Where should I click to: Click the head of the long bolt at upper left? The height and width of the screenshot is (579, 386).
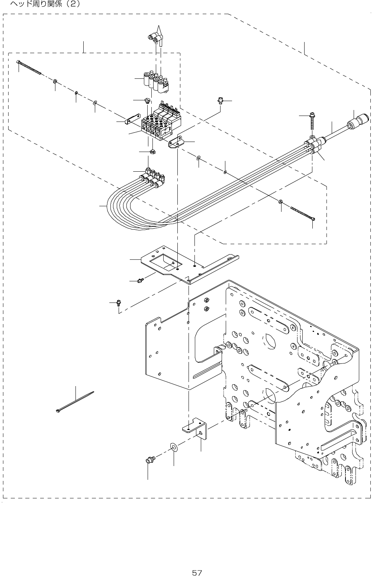coord(18,62)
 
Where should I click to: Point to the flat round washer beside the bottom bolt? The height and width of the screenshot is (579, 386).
coord(174,446)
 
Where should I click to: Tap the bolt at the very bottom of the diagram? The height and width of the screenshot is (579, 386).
coord(149,460)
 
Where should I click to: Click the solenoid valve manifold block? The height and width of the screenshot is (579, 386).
coord(158,124)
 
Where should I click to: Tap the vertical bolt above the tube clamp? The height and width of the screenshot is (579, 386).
coord(311,121)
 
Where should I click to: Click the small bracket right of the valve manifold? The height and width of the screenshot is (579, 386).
coord(176,143)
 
